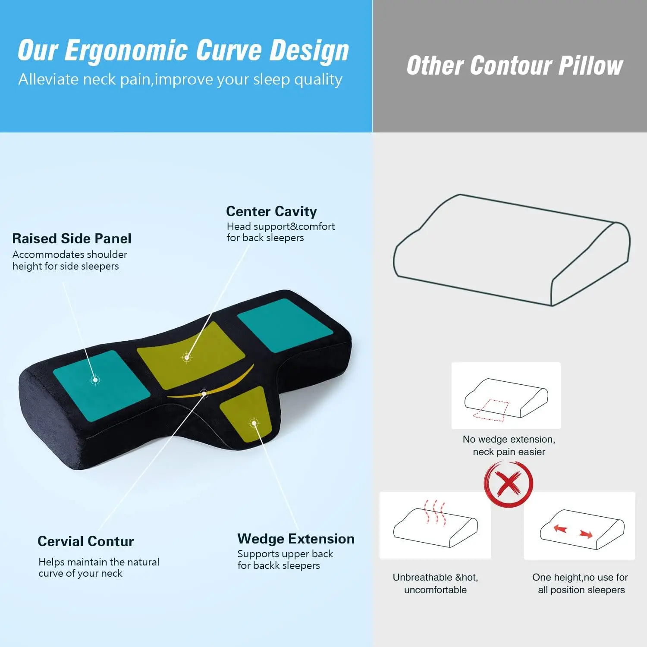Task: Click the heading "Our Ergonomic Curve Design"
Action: pos(183,51)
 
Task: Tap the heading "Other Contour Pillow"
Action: pos(515,66)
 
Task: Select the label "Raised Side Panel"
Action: pos(72,239)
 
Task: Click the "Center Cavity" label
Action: pos(271,211)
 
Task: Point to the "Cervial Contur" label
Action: pos(85,541)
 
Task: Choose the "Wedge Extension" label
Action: pos(296,539)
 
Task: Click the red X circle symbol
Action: pos(509,484)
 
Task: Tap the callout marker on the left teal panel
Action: pos(95,380)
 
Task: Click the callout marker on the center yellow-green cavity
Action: pos(187,357)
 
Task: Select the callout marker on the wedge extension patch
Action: pos(254,423)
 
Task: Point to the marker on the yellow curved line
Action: pos(204,393)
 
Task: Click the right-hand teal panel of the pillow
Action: pos(285,324)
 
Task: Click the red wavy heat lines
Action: pos(434,512)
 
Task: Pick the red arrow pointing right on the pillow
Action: pos(586,535)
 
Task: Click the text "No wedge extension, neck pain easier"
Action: pos(509,446)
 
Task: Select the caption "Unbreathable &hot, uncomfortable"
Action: pos(435,584)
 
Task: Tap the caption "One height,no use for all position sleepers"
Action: pos(581,584)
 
